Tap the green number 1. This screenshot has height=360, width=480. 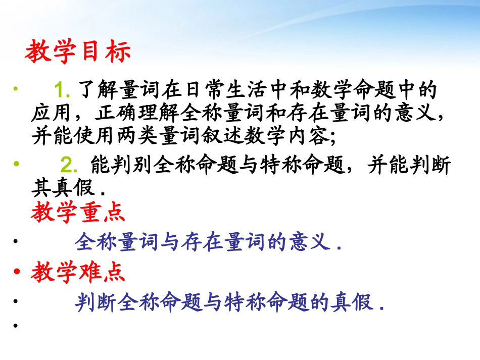64,91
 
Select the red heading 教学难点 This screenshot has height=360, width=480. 78,273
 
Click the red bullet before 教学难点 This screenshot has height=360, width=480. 18,273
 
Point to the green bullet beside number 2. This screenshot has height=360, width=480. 17,164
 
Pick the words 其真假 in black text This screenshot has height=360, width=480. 64,188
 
